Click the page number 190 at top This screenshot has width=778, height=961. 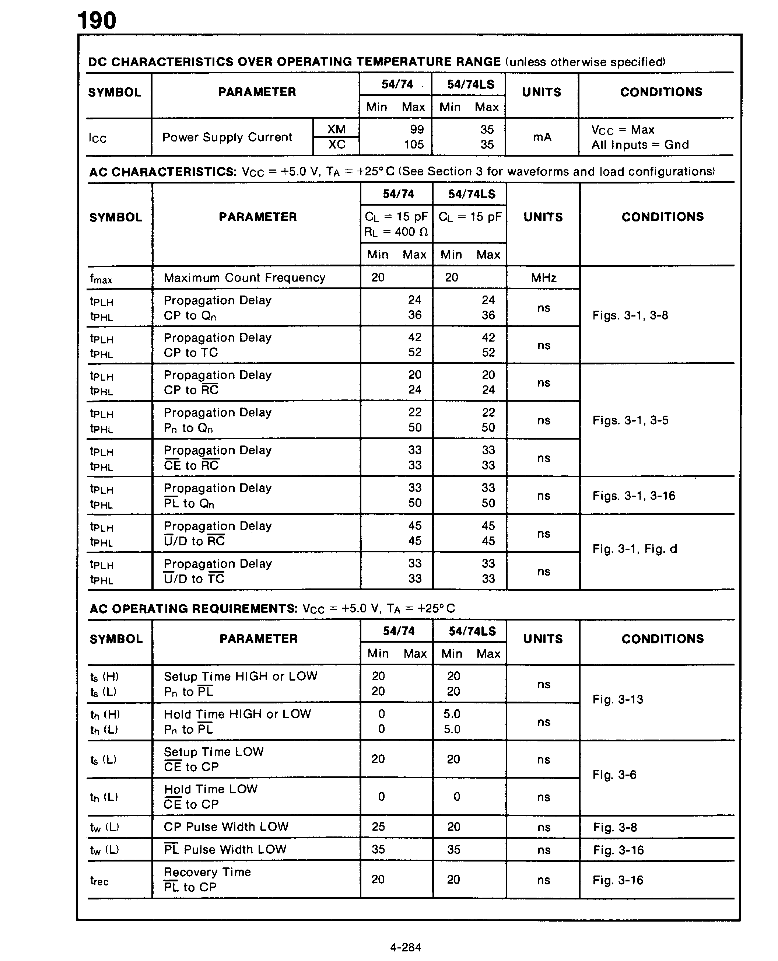point(97,21)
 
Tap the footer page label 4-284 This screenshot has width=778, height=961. point(405,947)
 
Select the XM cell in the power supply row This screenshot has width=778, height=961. point(336,130)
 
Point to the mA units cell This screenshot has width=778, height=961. point(542,137)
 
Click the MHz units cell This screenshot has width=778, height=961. point(543,278)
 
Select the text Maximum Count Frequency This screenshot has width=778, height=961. point(244,278)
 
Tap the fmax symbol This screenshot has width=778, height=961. point(101,279)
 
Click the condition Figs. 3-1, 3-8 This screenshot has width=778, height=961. point(630,315)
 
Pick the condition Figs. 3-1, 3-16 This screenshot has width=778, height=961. point(633,496)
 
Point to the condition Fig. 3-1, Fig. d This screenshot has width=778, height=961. point(634,549)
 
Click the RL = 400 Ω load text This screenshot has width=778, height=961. point(396,232)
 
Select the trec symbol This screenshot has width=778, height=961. point(99,881)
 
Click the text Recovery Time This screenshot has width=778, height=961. point(207,872)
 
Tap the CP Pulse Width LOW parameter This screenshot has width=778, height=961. point(226,827)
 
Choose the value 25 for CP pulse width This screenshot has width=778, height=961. point(378,827)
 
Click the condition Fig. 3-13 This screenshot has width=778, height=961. point(617,699)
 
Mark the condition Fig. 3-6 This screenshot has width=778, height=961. point(614,775)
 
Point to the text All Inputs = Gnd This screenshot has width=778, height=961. point(639,145)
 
